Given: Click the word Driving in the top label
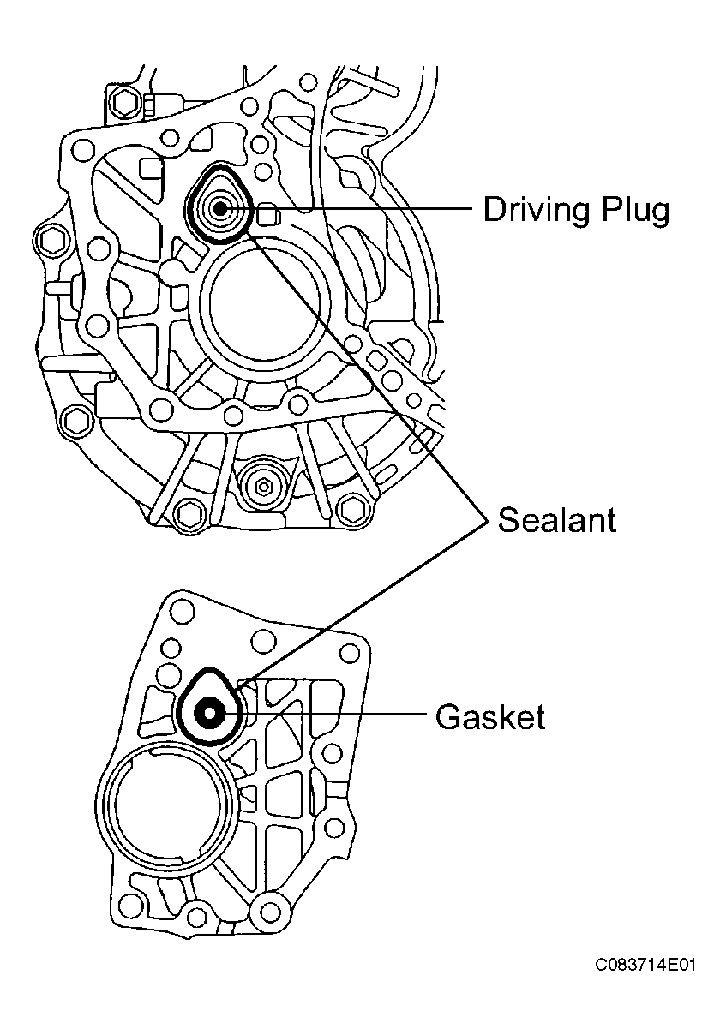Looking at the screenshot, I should coord(530,210).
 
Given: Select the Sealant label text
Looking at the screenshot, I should coord(557,520).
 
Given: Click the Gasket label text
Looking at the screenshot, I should coord(489,716).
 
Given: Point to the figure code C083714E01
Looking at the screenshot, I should coord(646,966).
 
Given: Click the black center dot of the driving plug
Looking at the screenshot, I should coord(220,207).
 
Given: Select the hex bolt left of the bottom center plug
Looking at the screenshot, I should coord(186,515).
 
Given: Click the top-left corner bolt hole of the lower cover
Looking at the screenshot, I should coord(180,612).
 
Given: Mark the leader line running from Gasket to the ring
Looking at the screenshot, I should coord(334,713).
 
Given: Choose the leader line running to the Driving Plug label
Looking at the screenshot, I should coord(360,208).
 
